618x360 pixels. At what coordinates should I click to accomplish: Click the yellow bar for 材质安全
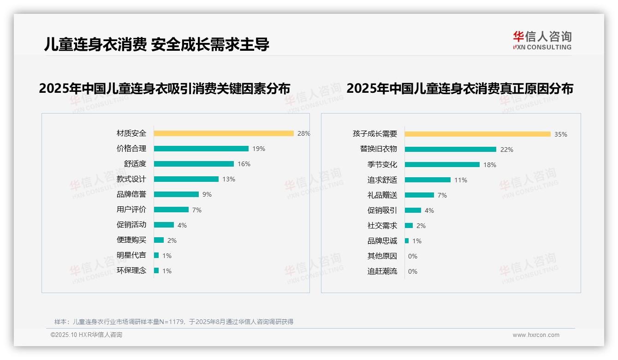pos(224,133)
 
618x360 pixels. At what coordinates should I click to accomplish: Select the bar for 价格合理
pos(201,149)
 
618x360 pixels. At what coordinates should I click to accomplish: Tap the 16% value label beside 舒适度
pos(244,164)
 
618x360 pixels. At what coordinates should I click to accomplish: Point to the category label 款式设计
pos(131,179)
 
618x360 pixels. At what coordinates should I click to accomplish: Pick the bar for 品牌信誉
pos(176,194)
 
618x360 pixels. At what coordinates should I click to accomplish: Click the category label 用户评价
pos(131,210)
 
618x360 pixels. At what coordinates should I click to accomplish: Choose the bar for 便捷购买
pos(159,240)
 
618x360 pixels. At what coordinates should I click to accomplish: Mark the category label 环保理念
pos(131,270)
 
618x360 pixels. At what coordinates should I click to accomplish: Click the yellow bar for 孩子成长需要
pos(478,134)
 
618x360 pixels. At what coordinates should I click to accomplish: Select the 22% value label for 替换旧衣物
pos(506,150)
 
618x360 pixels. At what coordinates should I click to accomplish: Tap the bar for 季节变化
pos(442,165)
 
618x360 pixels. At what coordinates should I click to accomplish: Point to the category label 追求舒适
pos(382,180)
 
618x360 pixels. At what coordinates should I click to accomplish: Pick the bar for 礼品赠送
pos(419,195)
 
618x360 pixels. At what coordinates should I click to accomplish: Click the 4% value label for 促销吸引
pos(429,210)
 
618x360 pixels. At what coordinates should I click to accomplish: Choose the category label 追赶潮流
pos(382,271)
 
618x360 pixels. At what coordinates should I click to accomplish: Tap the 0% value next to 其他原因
pos(413,256)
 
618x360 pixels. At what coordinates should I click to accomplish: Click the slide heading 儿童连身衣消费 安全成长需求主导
pos(157,44)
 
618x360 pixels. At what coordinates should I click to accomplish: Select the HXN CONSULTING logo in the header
pos(542,41)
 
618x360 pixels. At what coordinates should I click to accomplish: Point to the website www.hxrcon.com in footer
pos(536,335)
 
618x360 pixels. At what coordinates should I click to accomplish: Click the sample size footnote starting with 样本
pos(174,322)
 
